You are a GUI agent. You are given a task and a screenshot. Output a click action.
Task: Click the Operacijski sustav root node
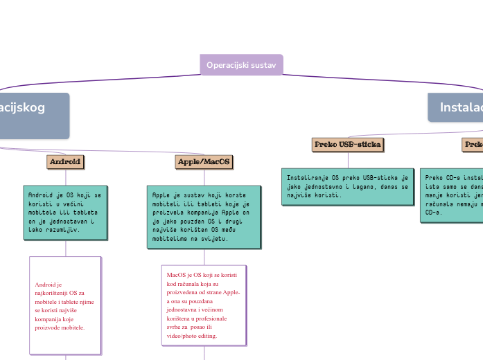[x=241, y=64]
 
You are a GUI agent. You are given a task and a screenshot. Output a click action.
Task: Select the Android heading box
[x=65, y=162]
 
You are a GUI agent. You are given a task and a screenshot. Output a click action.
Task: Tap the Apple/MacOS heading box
[x=204, y=162]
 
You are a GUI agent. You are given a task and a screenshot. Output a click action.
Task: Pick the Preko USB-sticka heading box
[x=348, y=145]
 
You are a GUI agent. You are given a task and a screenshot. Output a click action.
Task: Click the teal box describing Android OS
[x=66, y=212]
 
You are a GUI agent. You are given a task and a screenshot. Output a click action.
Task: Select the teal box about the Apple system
[x=204, y=216]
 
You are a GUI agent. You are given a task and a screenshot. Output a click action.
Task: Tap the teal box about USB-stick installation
[x=347, y=186]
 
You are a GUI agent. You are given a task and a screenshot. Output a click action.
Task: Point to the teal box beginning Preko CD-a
[x=451, y=195]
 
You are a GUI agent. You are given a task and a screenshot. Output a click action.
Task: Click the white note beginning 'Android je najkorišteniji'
[x=65, y=305]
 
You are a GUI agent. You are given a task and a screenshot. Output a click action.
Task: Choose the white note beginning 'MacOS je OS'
[x=204, y=305]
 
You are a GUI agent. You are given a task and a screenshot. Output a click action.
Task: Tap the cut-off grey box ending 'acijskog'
[x=31, y=115]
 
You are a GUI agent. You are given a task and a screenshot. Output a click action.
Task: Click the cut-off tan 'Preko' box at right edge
[x=473, y=145]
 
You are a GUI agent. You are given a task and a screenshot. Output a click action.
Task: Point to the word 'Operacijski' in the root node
[x=228, y=64]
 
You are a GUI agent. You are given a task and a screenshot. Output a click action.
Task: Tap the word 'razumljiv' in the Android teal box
[x=62, y=228]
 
